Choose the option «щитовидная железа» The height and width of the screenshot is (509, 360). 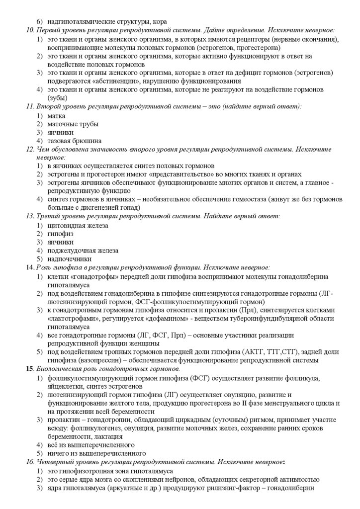(x=78, y=225)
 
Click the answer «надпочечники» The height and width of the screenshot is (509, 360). (x=70, y=259)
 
